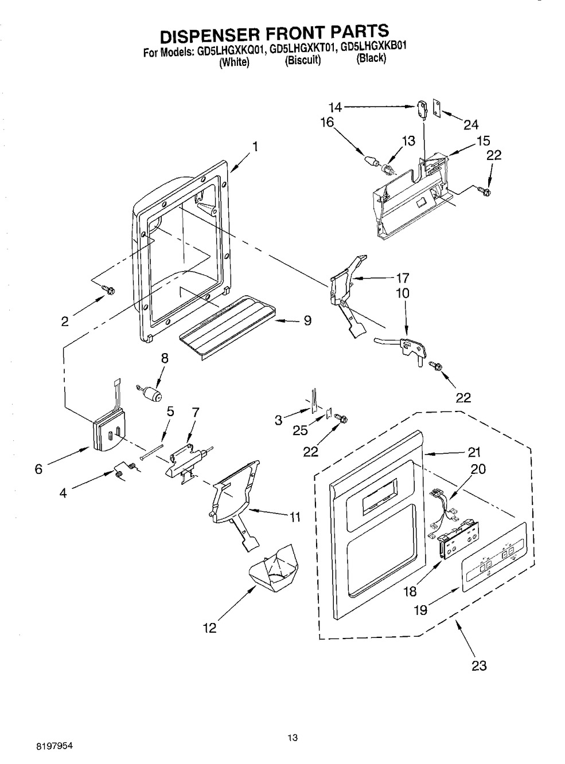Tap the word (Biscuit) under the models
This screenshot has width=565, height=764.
(302, 60)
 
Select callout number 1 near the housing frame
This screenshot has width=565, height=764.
(254, 147)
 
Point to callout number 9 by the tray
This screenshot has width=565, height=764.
(307, 321)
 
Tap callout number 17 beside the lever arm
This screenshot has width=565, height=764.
(402, 278)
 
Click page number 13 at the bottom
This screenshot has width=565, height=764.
(294, 738)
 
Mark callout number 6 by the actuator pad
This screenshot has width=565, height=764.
(38, 469)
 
